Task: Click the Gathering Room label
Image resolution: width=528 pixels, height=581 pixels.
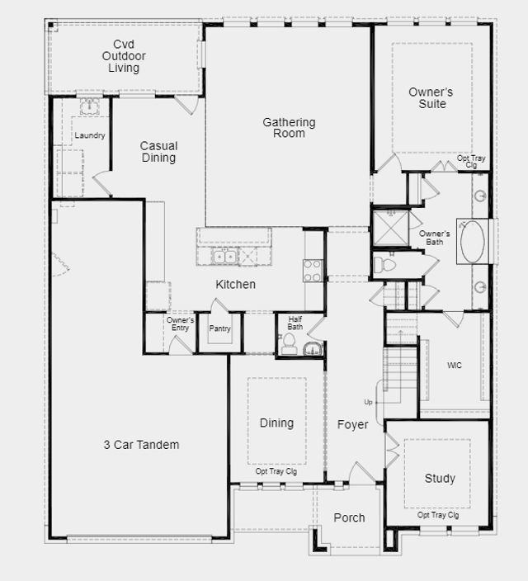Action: [289, 127]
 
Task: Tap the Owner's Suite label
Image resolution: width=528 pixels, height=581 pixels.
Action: [431, 98]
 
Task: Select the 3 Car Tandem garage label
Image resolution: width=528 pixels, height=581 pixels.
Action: [141, 445]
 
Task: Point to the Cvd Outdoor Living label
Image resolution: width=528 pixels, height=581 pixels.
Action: [124, 56]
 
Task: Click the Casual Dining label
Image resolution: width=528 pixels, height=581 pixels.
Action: [158, 152]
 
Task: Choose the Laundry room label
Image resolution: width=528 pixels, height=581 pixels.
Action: [90, 135]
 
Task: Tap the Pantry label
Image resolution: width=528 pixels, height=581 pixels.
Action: [219, 328]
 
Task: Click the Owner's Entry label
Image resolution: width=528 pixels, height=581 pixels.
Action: [180, 324]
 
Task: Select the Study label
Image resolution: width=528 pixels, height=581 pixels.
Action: [440, 479]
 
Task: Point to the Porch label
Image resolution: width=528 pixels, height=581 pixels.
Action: [349, 517]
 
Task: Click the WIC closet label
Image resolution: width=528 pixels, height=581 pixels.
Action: [455, 366]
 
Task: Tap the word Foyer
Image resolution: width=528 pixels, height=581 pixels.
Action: [353, 425]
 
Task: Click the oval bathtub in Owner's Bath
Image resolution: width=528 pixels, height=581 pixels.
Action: [472, 242]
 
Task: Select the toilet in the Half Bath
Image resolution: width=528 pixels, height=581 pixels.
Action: [289, 343]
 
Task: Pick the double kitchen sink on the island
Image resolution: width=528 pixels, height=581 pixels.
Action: [224, 257]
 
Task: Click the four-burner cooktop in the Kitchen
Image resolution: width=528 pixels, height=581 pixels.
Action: [313, 271]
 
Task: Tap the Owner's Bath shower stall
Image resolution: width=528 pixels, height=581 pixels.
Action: [390, 229]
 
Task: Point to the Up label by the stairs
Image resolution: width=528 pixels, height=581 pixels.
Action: [368, 402]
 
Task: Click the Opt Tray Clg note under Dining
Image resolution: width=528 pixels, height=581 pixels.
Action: [276, 471]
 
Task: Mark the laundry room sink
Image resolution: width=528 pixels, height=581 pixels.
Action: [90, 106]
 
